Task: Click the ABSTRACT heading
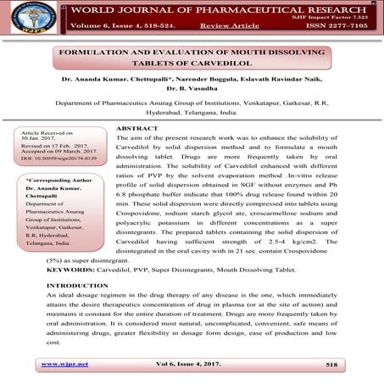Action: (137, 128)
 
